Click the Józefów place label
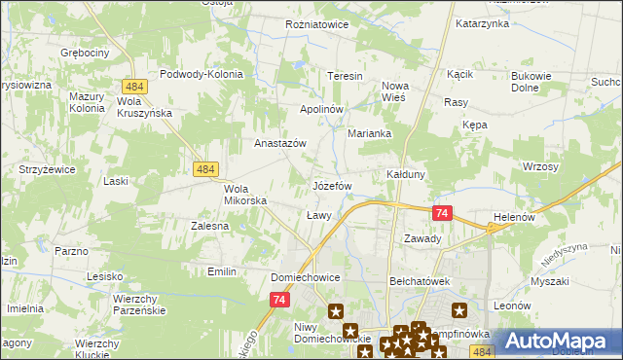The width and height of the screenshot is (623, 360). [x=331, y=185]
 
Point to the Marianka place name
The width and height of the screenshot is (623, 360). [x=369, y=134]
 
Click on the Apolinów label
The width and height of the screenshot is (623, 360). [x=322, y=109]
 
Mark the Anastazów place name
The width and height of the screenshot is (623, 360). [x=280, y=143]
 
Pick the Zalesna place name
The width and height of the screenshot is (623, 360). [x=209, y=225]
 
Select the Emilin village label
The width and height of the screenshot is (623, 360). [x=222, y=271]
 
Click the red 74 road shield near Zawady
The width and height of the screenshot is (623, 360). [x=443, y=213]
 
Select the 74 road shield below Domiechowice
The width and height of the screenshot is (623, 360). [x=280, y=301]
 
